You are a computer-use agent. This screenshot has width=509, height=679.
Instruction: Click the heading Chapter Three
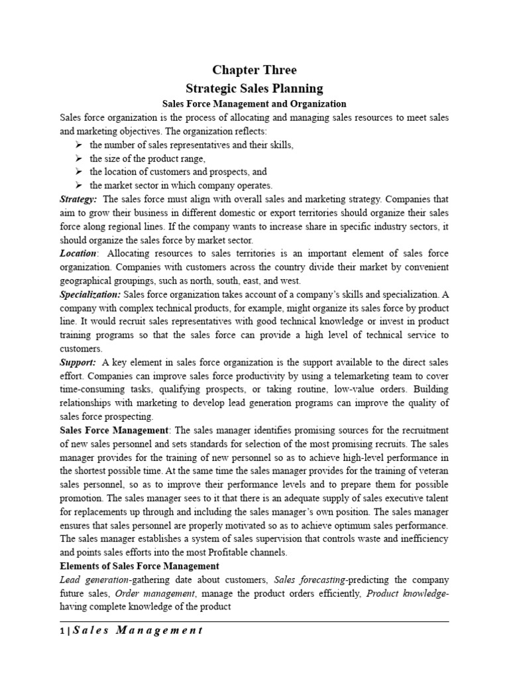254,70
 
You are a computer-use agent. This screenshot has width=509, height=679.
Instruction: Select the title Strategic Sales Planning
254,88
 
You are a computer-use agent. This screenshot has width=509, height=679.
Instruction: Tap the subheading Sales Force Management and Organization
254,103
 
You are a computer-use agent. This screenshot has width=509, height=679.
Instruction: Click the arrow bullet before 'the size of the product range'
78,158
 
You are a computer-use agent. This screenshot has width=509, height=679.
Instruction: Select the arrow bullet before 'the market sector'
78,185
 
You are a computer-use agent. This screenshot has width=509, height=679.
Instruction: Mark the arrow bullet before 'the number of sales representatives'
78,145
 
